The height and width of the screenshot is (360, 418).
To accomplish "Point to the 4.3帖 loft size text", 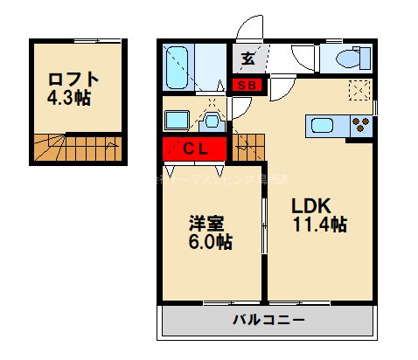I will [x=69, y=97].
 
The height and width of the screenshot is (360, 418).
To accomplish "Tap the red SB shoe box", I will [x=247, y=85].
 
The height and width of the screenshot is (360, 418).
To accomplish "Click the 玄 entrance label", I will [x=248, y=59].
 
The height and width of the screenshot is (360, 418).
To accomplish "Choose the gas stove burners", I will [x=360, y=125].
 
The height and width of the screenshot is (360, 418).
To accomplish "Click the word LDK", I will [x=310, y=206].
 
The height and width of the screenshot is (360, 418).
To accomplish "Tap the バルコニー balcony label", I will [x=268, y=321].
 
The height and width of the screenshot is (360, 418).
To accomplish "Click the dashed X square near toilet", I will [x=359, y=90].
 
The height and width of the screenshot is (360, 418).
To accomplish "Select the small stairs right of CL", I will [x=248, y=146].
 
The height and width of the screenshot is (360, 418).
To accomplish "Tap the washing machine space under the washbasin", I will [x=178, y=119].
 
